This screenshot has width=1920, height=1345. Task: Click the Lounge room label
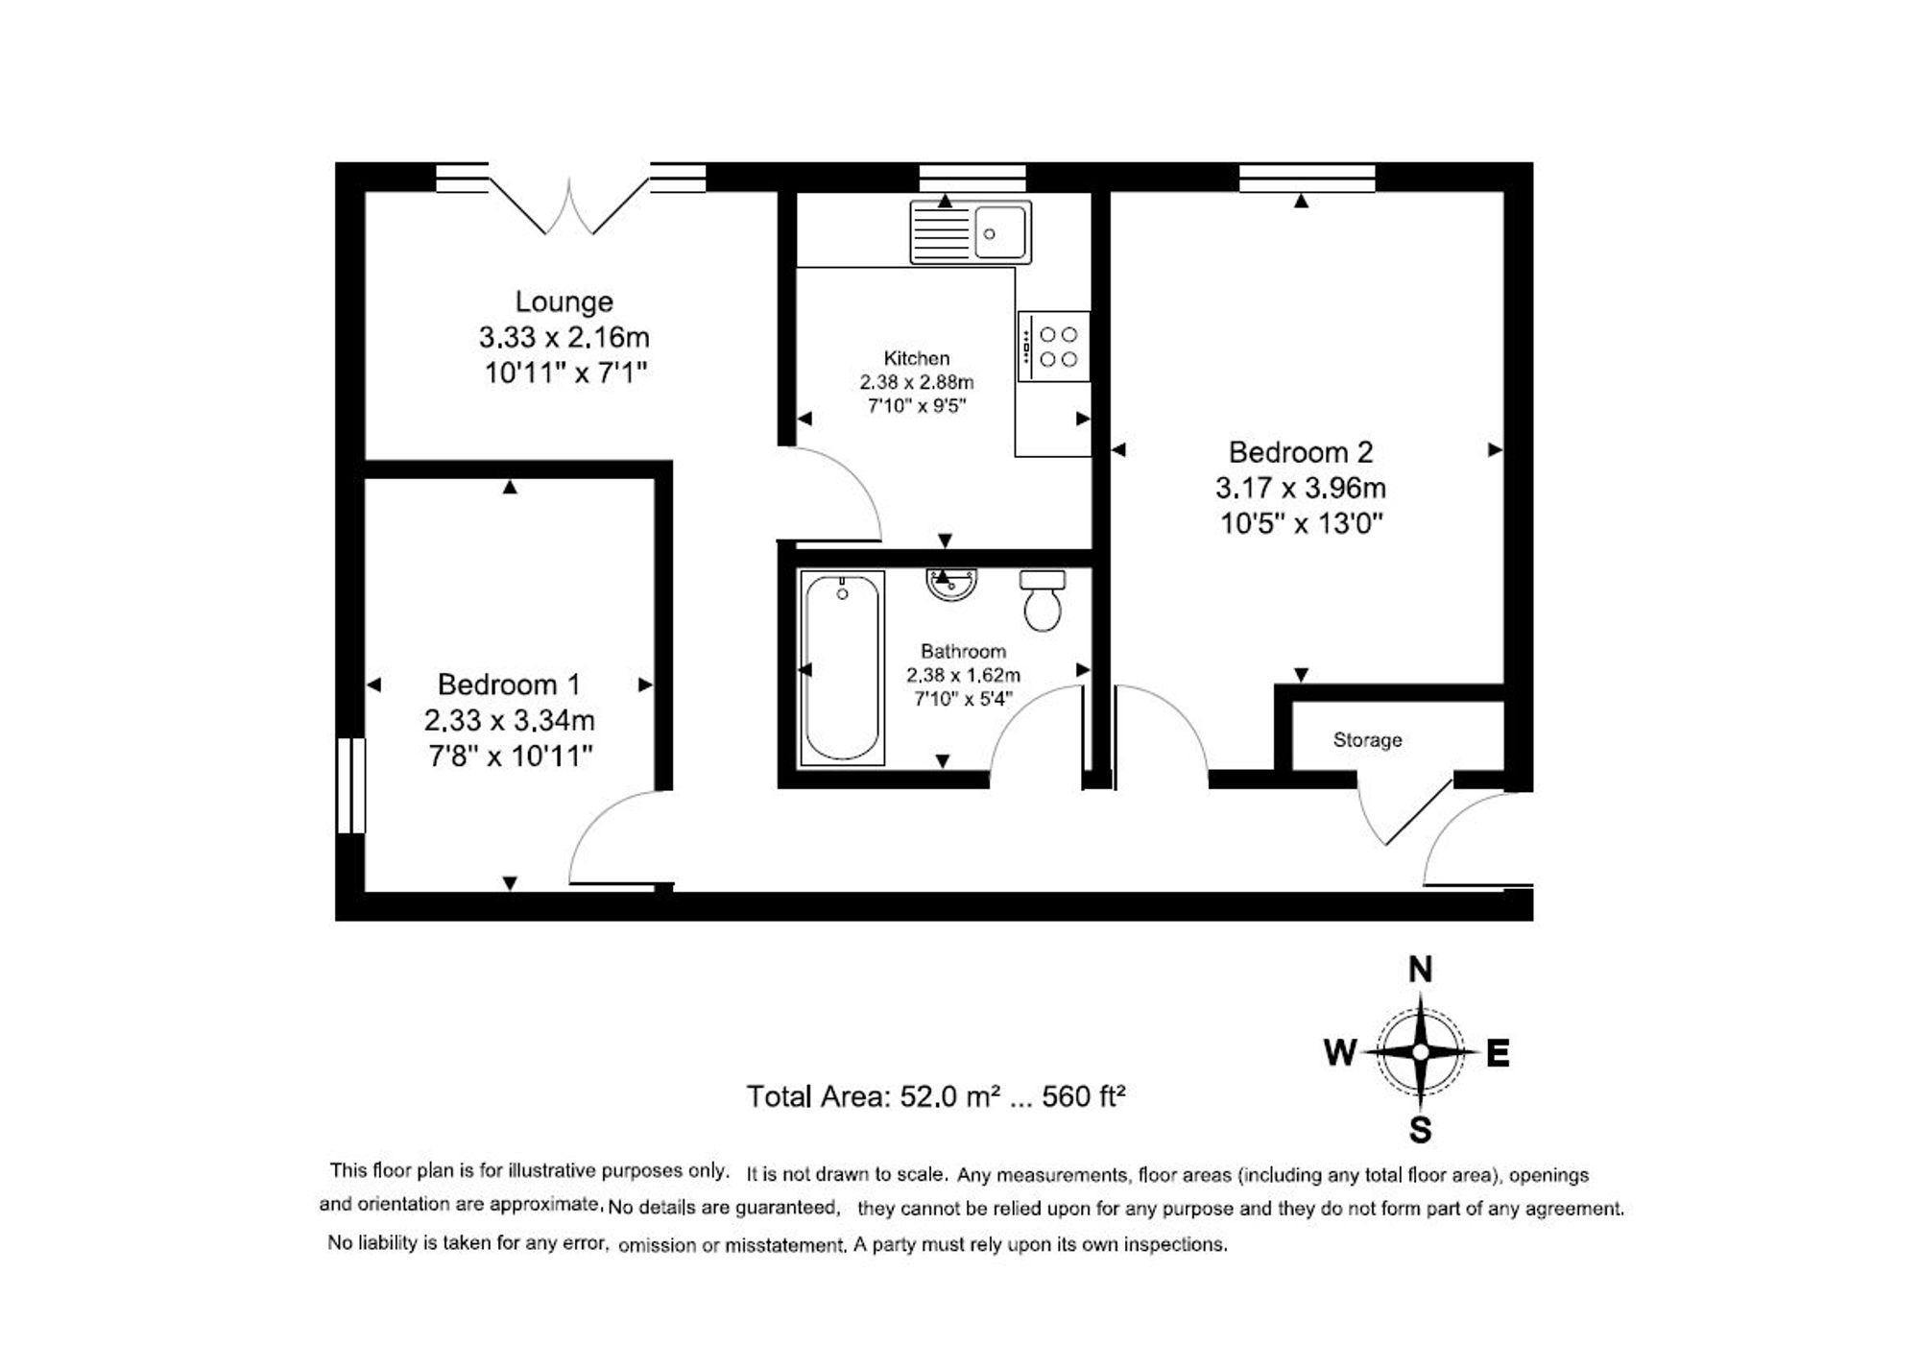coord(564,301)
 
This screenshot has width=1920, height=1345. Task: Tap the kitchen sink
coord(970,232)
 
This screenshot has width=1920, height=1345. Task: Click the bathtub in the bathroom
coord(842,668)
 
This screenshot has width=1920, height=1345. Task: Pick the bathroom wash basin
coord(951,584)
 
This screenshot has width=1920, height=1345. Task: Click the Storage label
coord(1367,740)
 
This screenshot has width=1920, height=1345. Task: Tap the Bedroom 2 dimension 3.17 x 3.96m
coord(1300,489)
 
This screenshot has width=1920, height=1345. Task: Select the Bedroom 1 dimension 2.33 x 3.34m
coord(509,720)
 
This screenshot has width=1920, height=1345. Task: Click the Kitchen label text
coord(916,358)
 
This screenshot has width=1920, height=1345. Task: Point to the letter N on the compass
coord(1419,971)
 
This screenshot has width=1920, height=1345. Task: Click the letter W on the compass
coord(1339,1053)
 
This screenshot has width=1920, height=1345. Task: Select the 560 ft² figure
coord(1083,1096)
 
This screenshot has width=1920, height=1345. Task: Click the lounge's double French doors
coord(569,206)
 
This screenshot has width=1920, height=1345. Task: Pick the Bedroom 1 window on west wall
coord(351,784)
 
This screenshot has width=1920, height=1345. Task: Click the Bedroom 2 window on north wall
coord(1307,179)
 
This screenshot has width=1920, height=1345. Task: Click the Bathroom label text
coord(963,651)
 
